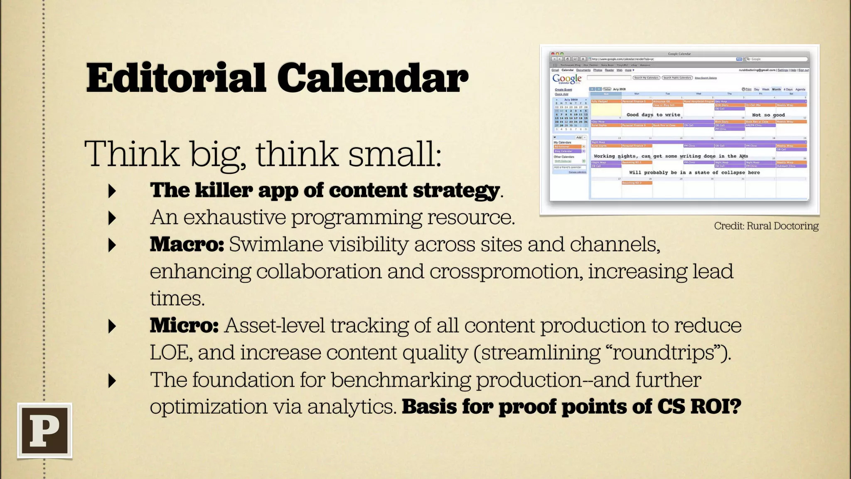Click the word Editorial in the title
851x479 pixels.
pyautogui.click(x=175, y=78)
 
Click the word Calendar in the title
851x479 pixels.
pyautogui.click(x=372, y=78)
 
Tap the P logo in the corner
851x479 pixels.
pyautogui.click(x=45, y=431)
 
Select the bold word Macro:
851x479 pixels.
pyautogui.click(x=187, y=244)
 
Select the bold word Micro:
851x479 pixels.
pyautogui.click(x=184, y=326)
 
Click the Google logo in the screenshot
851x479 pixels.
pyautogui.click(x=567, y=79)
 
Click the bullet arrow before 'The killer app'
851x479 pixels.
pyautogui.click(x=112, y=191)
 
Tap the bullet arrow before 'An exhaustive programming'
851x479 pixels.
pyautogui.click(x=112, y=218)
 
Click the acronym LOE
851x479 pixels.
pyautogui.click(x=170, y=353)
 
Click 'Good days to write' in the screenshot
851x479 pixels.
pyautogui.click(x=653, y=115)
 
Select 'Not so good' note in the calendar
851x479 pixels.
pyautogui.click(x=768, y=115)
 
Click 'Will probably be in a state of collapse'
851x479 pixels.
pyautogui.click(x=694, y=172)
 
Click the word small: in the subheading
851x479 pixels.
pyautogui.click(x=395, y=154)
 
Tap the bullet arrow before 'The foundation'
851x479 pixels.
pyautogui.click(x=112, y=380)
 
